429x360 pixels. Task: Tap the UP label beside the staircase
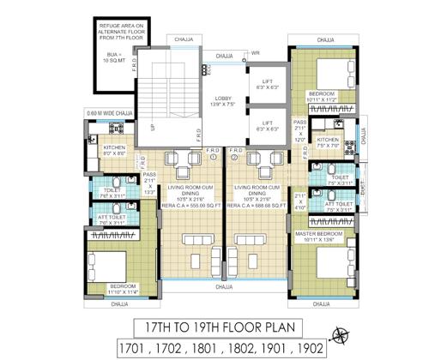[154, 128]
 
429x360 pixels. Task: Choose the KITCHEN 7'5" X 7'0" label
[329, 142]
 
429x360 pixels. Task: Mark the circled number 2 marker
[233, 157]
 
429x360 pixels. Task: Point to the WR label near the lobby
[255, 53]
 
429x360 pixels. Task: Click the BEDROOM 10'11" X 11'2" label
[323, 95]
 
